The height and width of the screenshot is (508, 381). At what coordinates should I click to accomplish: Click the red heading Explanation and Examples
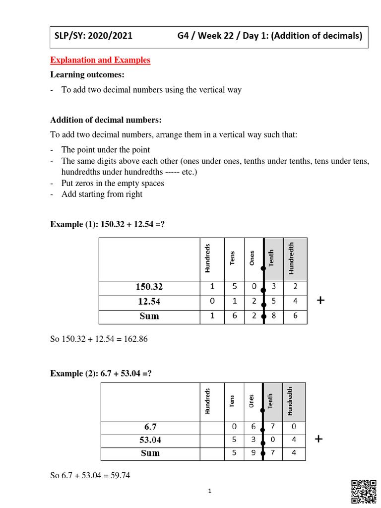(100, 60)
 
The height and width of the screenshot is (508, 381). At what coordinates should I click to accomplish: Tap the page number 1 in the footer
(210, 491)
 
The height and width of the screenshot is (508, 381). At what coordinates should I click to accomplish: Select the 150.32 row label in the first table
(149, 287)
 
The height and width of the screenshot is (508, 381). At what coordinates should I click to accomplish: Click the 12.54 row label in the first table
(149, 302)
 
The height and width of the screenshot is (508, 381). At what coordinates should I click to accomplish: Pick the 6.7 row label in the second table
(150, 427)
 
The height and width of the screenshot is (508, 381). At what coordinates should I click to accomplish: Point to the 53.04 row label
(150, 440)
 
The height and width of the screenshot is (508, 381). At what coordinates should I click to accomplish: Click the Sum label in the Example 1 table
(149, 316)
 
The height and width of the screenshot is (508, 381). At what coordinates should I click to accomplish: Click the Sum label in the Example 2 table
(150, 453)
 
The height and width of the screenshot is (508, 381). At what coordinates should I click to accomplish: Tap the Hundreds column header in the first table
(207, 258)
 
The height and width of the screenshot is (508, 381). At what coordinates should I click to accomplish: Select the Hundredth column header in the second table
(290, 401)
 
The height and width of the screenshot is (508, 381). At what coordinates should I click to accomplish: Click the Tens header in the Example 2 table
(232, 401)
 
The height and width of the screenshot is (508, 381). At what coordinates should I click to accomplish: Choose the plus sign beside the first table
(320, 301)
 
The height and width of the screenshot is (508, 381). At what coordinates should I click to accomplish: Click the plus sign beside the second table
(319, 439)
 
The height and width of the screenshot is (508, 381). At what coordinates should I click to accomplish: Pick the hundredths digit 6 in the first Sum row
(295, 316)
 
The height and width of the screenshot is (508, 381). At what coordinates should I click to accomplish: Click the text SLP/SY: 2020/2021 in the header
(94, 36)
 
